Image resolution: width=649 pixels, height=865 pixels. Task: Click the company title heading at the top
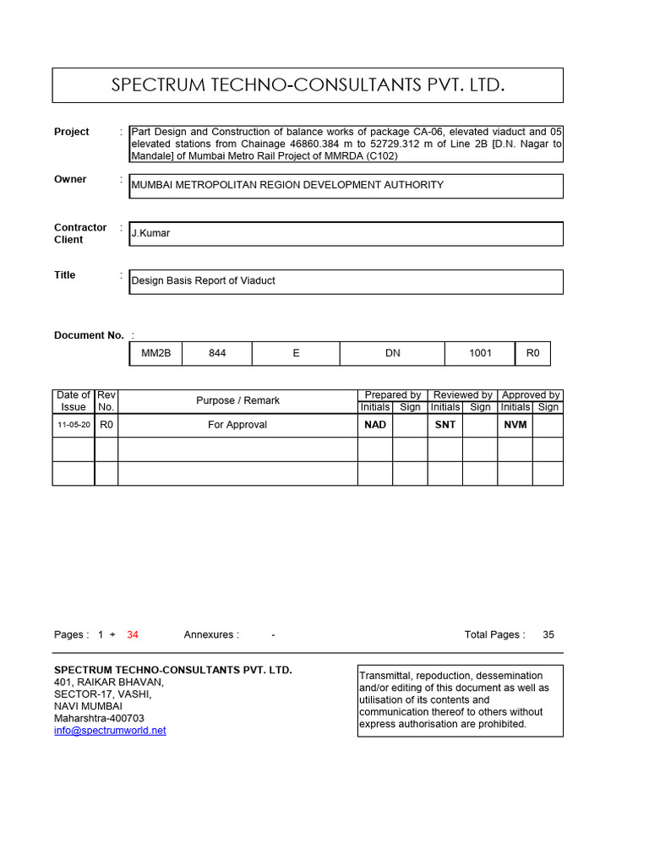308,85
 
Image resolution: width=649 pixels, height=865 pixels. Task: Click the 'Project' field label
72,132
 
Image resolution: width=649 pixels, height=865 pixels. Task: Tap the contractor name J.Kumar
150,233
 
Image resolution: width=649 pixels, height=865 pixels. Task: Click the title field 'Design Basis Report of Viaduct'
203,281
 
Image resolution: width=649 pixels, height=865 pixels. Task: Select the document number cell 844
217,353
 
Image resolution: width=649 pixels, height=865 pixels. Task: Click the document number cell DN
393,353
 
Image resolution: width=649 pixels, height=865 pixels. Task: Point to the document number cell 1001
480,353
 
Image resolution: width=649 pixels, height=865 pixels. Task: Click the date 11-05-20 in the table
74,425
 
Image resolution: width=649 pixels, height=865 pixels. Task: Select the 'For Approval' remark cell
237,425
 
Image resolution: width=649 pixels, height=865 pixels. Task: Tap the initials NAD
375,425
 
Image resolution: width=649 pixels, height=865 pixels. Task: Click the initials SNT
445,425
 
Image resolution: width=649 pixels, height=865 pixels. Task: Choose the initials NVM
515,425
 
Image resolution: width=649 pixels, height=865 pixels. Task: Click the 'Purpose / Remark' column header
237,400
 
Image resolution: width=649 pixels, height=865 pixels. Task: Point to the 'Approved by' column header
531,394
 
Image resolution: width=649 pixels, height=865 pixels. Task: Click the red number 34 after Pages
133,634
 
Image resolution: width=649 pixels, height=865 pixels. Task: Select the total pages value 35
548,634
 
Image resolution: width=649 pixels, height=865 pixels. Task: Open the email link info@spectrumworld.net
110,731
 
